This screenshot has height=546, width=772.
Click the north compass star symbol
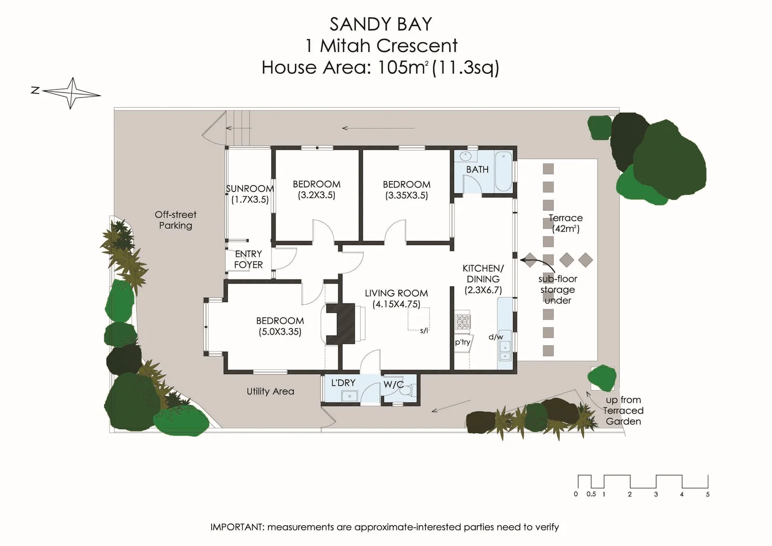(72, 93)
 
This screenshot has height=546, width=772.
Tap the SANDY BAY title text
(381, 24)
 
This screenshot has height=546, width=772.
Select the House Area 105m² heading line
(380, 67)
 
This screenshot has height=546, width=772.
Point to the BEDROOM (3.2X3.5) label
(316, 190)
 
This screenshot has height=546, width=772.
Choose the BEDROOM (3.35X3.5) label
(406, 190)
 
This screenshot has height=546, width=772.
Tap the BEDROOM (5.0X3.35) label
(280, 326)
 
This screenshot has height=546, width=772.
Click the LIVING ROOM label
(396, 298)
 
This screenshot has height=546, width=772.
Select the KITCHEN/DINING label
(483, 279)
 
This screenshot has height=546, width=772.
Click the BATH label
(477, 169)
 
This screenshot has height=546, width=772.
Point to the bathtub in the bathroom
(503, 171)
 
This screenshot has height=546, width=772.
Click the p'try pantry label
(463, 342)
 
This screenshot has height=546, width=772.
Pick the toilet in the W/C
(408, 390)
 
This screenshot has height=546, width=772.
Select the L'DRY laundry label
(343, 383)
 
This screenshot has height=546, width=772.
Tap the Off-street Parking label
(175, 220)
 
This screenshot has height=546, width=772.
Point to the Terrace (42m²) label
(566, 223)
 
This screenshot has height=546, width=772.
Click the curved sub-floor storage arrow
(536, 261)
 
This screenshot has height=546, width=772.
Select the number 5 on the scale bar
(707, 494)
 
